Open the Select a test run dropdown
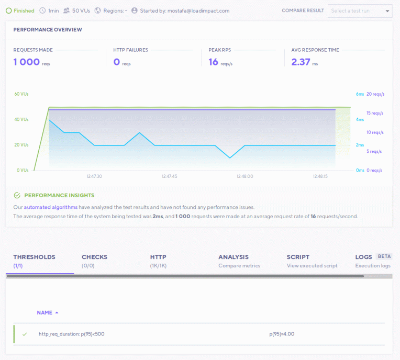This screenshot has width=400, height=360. (x=360, y=11)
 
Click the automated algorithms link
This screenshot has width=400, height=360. (x=51, y=207)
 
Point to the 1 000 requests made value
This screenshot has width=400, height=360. (x=27, y=62)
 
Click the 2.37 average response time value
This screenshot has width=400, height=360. (x=301, y=62)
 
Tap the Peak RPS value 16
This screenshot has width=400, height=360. (x=213, y=62)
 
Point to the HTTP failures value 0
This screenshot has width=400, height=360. (x=117, y=62)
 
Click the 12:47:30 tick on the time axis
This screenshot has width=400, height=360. (x=94, y=176)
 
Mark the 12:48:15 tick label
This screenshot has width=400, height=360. (x=320, y=176)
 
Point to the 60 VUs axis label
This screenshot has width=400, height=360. (x=21, y=94)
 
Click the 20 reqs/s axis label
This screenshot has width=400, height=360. (x=375, y=94)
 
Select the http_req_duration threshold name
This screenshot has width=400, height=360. (x=72, y=334)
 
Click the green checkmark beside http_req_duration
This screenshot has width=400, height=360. (x=25, y=334)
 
